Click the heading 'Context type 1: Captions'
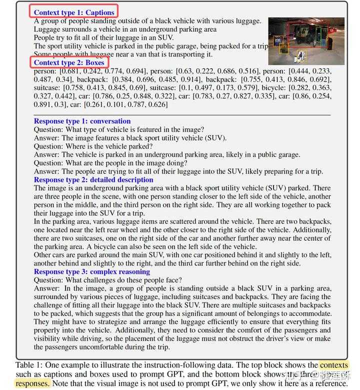(x=74, y=12)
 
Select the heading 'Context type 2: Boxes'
(x=69, y=63)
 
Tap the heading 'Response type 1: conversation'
(x=82, y=121)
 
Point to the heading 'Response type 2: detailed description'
(x=93, y=179)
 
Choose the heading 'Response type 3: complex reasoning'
(x=91, y=271)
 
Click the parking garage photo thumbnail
(x=306, y=41)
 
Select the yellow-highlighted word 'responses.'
(x=32, y=383)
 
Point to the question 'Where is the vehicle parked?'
(x=93, y=146)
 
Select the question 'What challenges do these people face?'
(x=107, y=280)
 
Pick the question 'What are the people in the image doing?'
(x=110, y=163)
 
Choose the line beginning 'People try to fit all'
(x=103, y=37)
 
